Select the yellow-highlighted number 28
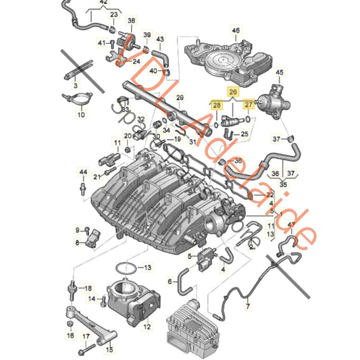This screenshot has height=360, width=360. tap(216, 105)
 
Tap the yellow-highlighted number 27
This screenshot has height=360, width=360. tap(250, 105)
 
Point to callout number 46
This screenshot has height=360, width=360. tap(236, 31)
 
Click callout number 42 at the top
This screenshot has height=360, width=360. tap(103, 3)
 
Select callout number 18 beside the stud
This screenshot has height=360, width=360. tap(87, 288)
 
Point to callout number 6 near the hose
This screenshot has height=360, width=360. tap(170, 282)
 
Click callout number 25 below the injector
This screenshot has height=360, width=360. tap(245, 134)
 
